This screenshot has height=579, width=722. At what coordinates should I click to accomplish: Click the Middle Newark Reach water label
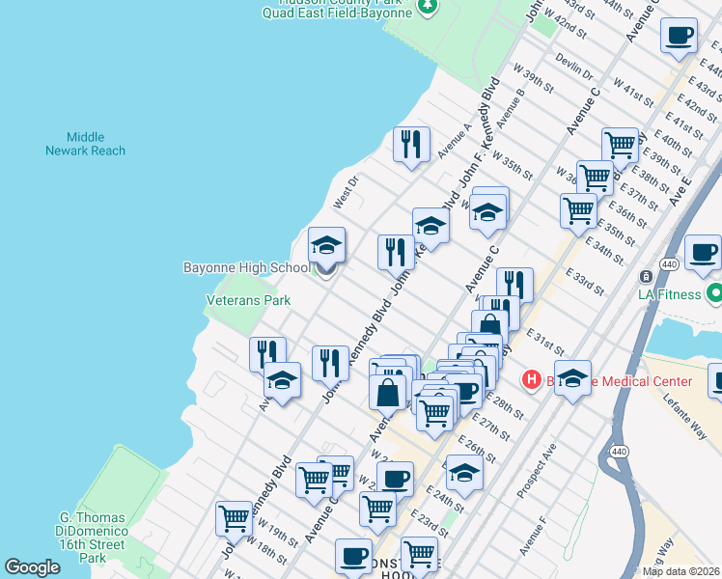pyautogui.click(x=85, y=144)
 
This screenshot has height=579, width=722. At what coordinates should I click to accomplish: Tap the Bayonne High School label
pyautogui.click(x=247, y=267)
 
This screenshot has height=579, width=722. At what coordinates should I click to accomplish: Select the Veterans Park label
pyautogui.click(x=248, y=300)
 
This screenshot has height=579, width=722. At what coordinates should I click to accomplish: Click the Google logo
pyautogui.click(x=32, y=567)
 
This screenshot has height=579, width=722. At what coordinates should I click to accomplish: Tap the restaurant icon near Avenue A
pyautogui.click(x=412, y=145)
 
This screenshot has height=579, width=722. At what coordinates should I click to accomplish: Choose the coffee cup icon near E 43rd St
pyautogui.click(x=679, y=36)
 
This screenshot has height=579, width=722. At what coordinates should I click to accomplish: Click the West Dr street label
pyautogui.click(x=345, y=191)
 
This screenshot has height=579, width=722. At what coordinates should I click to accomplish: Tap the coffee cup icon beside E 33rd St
pyautogui.click(x=703, y=253)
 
